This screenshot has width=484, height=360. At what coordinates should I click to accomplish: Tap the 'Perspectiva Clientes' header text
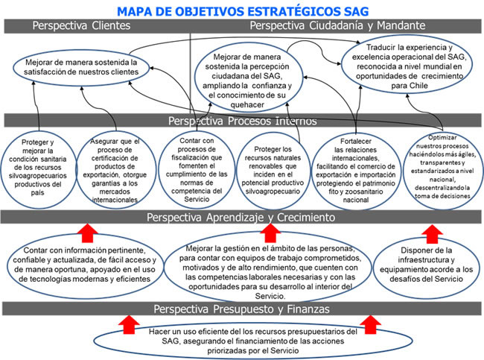point(81,26)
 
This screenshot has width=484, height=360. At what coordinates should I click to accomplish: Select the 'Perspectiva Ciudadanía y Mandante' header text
point(338,26)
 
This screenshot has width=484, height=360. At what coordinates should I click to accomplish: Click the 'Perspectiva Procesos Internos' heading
point(241,120)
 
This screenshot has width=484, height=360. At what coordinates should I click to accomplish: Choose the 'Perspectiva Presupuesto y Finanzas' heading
point(241,308)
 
